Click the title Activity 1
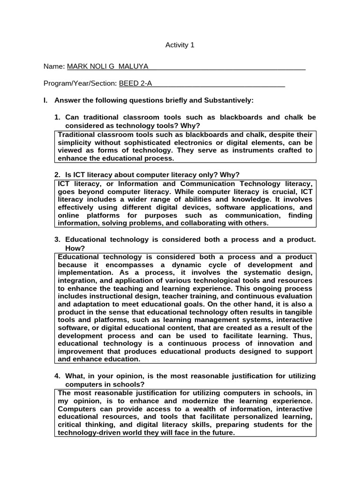pyautogui.click(x=180, y=45)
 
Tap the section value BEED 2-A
pyautogui.click(x=136, y=83)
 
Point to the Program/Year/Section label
pyautogui.click(x=80, y=83)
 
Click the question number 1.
pyautogui.click(x=58, y=117)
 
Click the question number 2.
pyautogui.click(x=58, y=174)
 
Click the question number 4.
pyautogui.click(x=58, y=376)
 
